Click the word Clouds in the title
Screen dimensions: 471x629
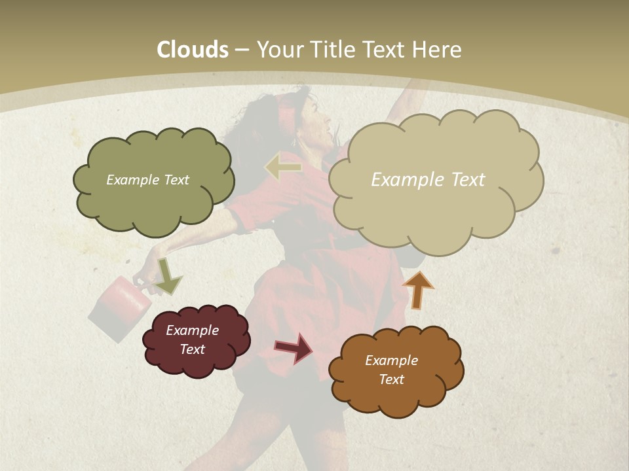(x=192, y=50)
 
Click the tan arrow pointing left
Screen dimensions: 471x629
(x=283, y=168)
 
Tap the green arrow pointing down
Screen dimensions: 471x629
(x=168, y=276)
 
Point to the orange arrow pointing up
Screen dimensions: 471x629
(x=418, y=289)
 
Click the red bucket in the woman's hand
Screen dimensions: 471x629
(x=122, y=302)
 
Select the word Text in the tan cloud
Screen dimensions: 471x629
(x=464, y=180)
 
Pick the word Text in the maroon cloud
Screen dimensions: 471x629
(x=193, y=349)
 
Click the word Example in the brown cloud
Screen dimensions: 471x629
(x=391, y=360)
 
